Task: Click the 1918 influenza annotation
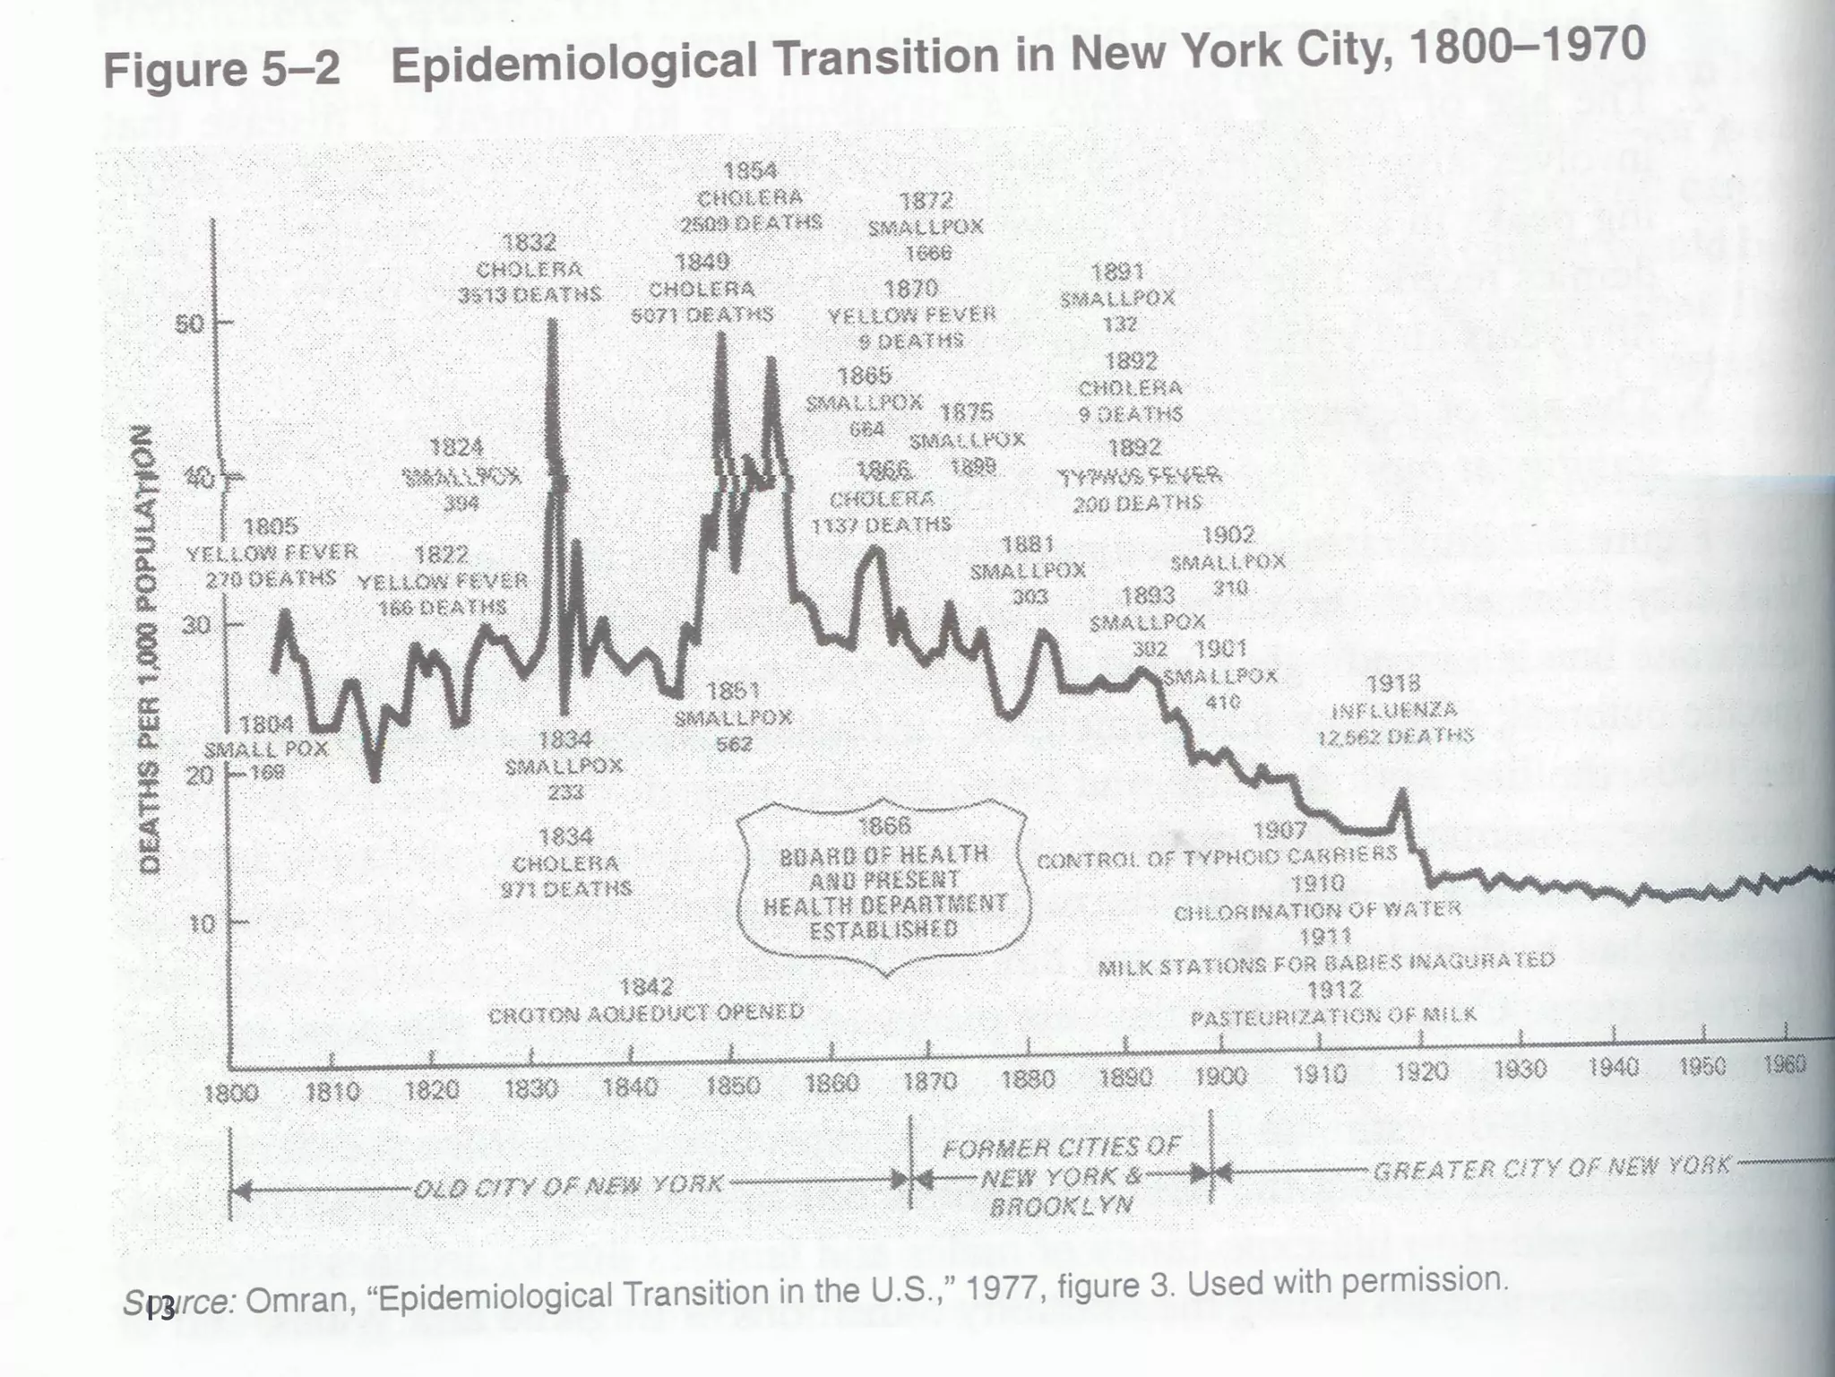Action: (x=1394, y=710)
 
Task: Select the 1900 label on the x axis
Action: (x=1220, y=1074)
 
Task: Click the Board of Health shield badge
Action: (x=884, y=884)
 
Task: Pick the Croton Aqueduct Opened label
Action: (x=645, y=1013)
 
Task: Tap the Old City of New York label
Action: (x=567, y=1185)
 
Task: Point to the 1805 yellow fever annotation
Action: (x=271, y=552)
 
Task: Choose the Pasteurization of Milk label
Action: (x=1333, y=1016)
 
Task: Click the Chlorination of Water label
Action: (x=1317, y=911)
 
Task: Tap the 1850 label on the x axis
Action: (x=733, y=1086)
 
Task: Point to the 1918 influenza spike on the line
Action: (x=1402, y=793)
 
